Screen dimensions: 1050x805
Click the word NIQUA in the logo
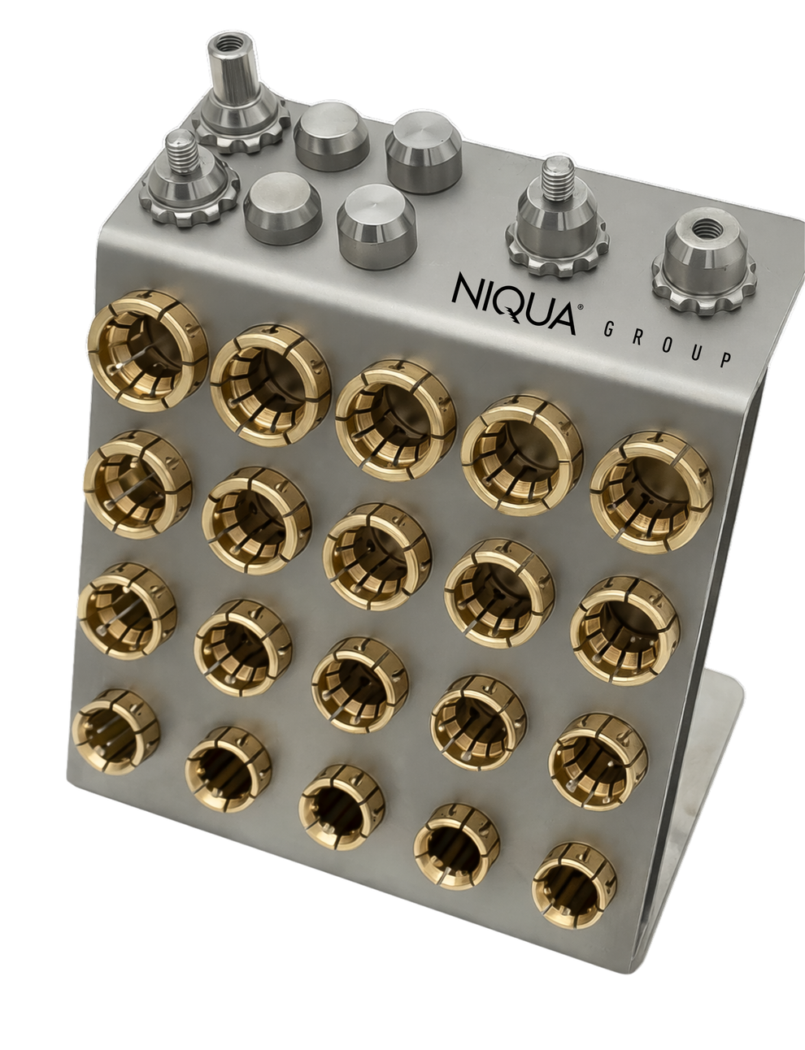pyautogui.click(x=513, y=302)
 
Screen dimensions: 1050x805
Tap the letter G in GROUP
pyautogui.click(x=608, y=329)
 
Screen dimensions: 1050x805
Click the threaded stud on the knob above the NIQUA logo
pyautogui.click(x=555, y=176)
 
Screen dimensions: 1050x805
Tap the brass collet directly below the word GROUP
pyautogui.click(x=651, y=491)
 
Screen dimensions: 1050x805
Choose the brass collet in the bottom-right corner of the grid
pyautogui.click(x=575, y=884)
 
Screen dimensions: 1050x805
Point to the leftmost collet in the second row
pyautogui.click(x=138, y=484)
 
